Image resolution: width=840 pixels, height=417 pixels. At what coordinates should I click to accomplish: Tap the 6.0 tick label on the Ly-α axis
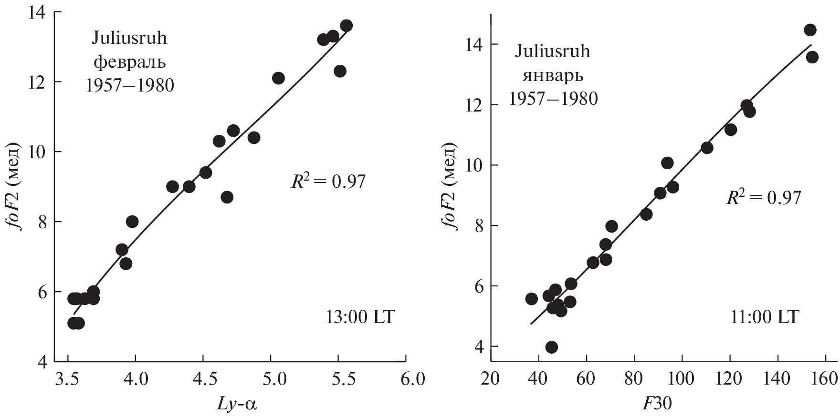[412, 380]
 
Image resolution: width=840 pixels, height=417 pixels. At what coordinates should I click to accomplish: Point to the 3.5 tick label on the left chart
[68, 380]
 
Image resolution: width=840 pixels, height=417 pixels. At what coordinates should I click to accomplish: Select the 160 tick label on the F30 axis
[825, 380]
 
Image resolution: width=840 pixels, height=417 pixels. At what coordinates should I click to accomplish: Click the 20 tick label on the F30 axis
[491, 380]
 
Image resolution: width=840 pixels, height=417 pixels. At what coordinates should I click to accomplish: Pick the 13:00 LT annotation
[360, 317]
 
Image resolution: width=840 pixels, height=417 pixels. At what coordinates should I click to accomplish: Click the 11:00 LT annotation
[765, 317]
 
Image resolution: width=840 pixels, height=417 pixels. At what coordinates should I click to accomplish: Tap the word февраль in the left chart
[129, 62]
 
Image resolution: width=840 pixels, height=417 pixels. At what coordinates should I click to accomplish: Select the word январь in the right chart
[553, 75]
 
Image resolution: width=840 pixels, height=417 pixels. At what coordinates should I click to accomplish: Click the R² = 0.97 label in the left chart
[328, 182]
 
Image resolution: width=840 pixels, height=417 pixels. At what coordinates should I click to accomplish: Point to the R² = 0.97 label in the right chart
[763, 197]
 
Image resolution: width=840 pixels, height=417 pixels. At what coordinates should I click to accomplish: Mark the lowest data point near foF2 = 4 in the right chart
[551, 347]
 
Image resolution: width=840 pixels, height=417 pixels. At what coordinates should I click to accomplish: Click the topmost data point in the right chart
[810, 30]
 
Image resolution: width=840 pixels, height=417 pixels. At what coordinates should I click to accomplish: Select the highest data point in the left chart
[346, 26]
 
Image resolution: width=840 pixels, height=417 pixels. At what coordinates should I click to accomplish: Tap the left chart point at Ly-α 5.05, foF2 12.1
[278, 78]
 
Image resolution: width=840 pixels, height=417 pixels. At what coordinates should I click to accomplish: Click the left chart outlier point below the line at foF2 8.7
[227, 197]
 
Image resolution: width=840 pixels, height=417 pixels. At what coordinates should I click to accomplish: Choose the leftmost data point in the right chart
[531, 299]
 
